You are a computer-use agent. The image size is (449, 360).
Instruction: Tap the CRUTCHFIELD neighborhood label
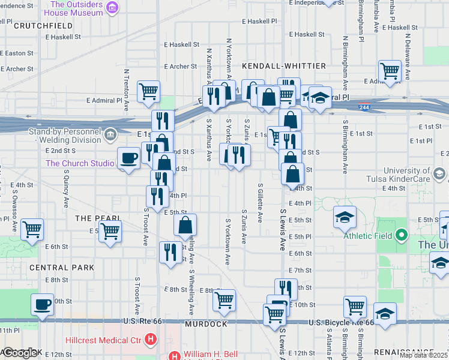(x=39, y=26)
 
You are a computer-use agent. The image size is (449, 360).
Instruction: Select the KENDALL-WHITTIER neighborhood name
(x=284, y=66)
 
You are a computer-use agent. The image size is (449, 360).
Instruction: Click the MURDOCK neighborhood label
(x=206, y=324)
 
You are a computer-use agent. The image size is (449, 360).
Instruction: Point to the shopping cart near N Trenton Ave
(x=148, y=91)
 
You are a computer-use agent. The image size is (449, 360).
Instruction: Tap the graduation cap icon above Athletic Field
(x=345, y=217)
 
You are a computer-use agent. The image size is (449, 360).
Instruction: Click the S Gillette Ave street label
(x=260, y=203)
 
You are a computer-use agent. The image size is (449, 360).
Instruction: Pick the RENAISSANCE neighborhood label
(x=411, y=351)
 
